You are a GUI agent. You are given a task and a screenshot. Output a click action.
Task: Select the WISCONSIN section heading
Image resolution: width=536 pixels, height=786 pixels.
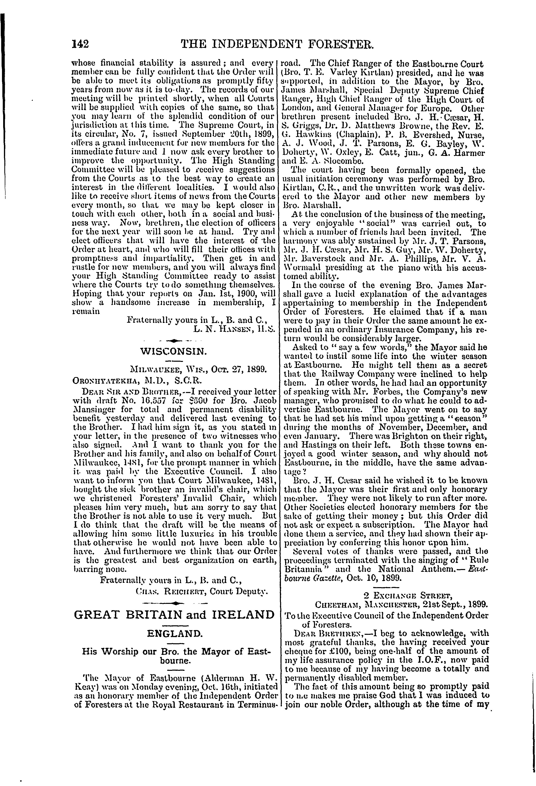[x=173, y=352]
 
